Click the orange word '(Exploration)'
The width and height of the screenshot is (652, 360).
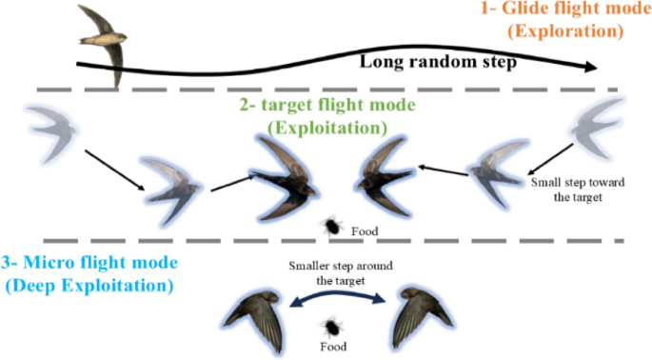(x=565, y=31)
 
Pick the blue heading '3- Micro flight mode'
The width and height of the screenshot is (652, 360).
(x=89, y=262)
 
